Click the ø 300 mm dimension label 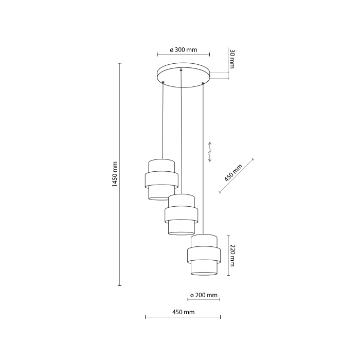(x=184, y=50)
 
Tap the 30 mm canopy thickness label (x=232, y=59)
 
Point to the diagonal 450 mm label (x=233, y=173)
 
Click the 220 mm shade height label (x=232, y=255)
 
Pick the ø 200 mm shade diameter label (x=204, y=295)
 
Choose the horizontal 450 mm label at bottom (x=183, y=312)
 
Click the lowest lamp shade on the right (x=204, y=255)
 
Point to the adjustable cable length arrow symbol (x=210, y=152)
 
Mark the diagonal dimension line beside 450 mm (x=238, y=176)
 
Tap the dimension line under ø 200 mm (x=204, y=300)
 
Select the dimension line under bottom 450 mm (x=183, y=317)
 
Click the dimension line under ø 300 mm (x=184, y=55)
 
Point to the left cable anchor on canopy (x=163, y=82)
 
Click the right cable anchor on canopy (x=204, y=82)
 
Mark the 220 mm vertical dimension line (x=226, y=255)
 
